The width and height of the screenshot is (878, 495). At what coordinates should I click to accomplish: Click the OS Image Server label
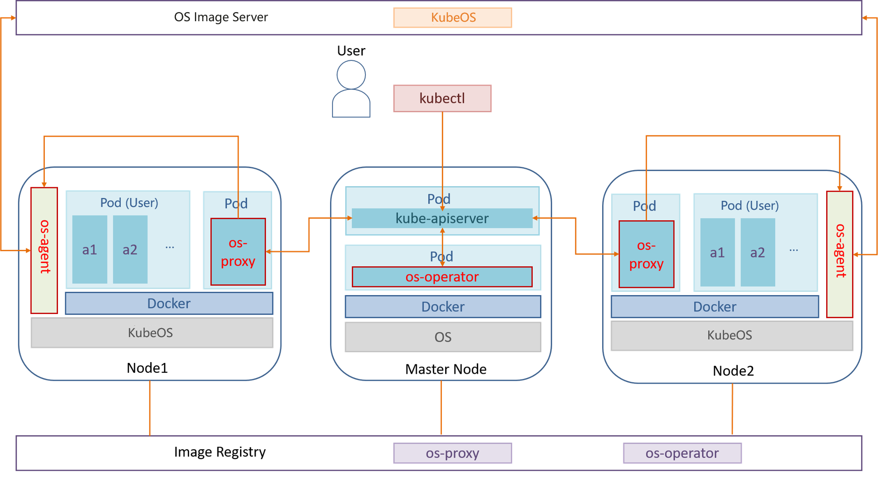(x=221, y=17)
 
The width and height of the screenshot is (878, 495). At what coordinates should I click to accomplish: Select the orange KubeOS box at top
(x=453, y=17)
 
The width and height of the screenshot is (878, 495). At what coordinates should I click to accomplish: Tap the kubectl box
(x=442, y=99)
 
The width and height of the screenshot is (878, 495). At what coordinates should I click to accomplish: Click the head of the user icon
(x=351, y=74)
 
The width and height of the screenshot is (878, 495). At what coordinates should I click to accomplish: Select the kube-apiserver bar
(x=442, y=218)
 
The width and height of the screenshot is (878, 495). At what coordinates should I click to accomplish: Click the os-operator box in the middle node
(x=442, y=277)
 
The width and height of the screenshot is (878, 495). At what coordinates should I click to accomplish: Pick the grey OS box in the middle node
(x=443, y=337)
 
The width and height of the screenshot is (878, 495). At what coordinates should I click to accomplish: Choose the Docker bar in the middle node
(x=443, y=307)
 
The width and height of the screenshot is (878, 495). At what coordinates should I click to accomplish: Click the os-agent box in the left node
(x=44, y=250)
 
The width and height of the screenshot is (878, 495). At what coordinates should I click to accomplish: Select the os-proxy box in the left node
(x=238, y=252)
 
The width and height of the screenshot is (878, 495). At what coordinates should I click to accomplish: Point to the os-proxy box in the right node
(x=646, y=254)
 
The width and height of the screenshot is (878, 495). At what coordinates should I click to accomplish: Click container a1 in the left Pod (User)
(x=90, y=249)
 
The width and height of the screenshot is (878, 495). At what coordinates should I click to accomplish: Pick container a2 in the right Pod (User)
(x=757, y=252)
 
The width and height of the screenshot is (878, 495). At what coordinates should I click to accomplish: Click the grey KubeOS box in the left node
(x=151, y=333)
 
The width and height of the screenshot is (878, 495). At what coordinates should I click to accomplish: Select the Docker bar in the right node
(x=714, y=307)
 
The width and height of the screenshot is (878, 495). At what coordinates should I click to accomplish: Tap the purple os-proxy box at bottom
(x=453, y=453)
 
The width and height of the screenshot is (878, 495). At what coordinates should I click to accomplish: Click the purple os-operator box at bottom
(x=682, y=453)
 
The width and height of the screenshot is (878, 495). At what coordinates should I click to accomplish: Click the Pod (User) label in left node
(x=129, y=203)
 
